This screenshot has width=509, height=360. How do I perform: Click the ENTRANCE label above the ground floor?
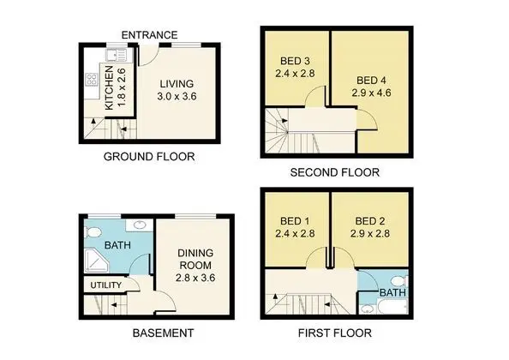pyautogui.click(x=149, y=35)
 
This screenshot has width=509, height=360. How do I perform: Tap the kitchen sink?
pyautogui.click(x=116, y=55)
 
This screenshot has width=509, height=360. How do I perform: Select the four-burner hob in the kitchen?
pyautogui.click(x=91, y=80)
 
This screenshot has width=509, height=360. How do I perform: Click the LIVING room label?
pyautogui.click(x=177, y=84)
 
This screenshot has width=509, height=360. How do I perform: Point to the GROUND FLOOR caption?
pyautogui.click(x=149, y=157)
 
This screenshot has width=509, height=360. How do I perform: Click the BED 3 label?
pyautogui.click(x=295, y=61)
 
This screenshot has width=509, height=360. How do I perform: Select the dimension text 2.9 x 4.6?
pyautogui.click(x=371, y=93)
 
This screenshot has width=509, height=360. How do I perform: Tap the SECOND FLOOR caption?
pyautogui.click(x=335, y=172)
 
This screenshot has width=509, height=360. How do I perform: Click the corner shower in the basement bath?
pyautogui.click(x=96, y=261)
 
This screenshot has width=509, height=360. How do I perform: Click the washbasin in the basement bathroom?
pyautogui.click(x=140, y=225)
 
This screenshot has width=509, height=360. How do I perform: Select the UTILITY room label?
pyautogui.click(x=105, y=285)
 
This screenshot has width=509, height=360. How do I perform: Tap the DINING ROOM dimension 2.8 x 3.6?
pyautogui.click(x=195, y=278)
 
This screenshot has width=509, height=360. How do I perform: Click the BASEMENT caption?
pyautogui.click(x=163, y=333)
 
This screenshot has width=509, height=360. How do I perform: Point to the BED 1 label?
pyautogui.click(x=295, y=221)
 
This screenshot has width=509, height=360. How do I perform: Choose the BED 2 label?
pyautogui.click(x=370, y=221)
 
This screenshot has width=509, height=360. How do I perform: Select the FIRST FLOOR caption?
pyautogui.click(x=335, y=333)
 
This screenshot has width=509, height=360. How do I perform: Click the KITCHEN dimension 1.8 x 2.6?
pyautogui.click(x=122, y=87)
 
